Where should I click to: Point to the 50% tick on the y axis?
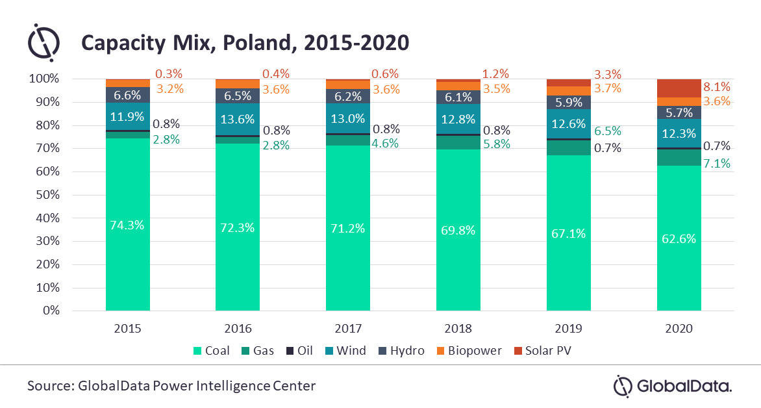[x=46, y=195]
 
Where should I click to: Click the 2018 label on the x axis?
[x=458, y=329]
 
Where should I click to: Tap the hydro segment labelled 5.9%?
[x=569, y=102]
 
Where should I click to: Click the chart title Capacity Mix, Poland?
[x=244, y=43]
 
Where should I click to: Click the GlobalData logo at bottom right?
[x=672, y=386]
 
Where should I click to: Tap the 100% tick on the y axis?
[x=44, y=79]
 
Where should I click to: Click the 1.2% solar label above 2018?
[x=495, y=73]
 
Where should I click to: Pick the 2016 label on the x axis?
[x=238, y=329]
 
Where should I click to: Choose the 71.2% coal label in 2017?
[x=348, y=229]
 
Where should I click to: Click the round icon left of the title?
[x=44, y=43]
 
